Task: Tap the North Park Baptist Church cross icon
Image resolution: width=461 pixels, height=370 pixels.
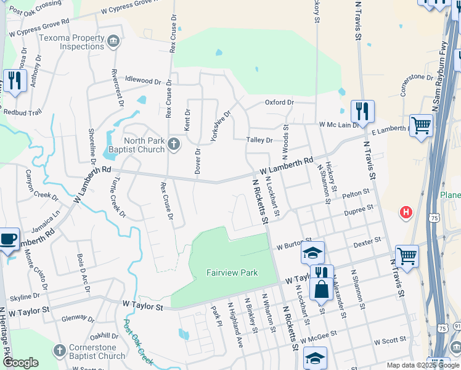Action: [174, 144]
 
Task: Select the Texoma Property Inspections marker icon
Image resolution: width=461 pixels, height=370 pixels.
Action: [113, 42]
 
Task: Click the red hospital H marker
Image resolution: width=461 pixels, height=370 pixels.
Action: [406, 213]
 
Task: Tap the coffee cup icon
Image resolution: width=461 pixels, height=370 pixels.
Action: [9, 239]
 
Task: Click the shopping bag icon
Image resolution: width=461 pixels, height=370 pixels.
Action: [321, 289]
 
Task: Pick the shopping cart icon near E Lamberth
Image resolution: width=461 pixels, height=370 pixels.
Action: [422, 125]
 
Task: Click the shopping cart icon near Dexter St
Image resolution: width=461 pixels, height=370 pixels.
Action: [407, 255]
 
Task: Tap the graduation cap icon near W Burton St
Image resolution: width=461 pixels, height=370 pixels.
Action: [312, 252]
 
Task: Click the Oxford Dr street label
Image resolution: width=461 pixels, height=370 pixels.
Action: [280, 102]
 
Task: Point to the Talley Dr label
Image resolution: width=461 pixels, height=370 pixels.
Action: [259, 141]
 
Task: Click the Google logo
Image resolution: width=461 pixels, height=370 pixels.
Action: [20, 363]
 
